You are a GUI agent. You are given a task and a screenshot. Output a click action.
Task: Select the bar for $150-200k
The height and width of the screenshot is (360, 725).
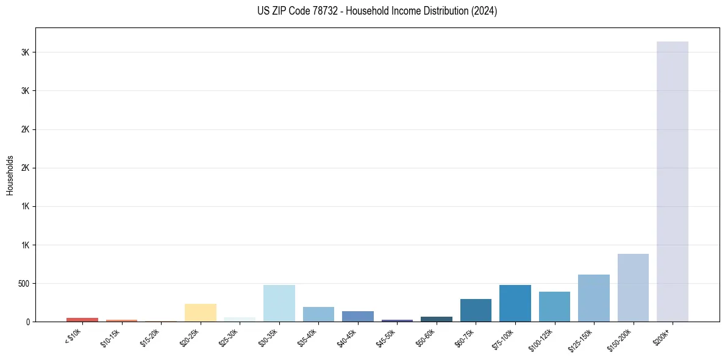click(x=633, y=287)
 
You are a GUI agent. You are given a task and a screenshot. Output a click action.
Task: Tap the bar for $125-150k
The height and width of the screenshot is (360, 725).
click(x=593, y=298)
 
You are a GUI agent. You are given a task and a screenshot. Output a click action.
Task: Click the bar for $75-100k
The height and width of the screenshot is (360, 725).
click(x=515, y=303)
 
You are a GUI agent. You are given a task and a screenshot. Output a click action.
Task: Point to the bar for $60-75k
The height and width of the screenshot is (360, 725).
click(x=476, y=310)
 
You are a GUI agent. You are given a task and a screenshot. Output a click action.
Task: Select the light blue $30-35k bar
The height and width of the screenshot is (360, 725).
click(x=279, y=303)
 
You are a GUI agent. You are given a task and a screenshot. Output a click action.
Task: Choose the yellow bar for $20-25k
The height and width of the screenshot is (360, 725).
click(x=200, y=312)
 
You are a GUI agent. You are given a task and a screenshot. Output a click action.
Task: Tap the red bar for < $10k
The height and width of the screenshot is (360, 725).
click(x=82, y=320)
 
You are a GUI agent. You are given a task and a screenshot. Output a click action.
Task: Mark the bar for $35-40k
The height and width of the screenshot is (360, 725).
click(x=318, y=314)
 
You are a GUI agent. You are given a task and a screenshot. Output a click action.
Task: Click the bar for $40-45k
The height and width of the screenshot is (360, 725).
click(x=357, y=316)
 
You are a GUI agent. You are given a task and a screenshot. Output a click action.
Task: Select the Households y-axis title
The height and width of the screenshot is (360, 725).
click(x=10, y=175)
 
